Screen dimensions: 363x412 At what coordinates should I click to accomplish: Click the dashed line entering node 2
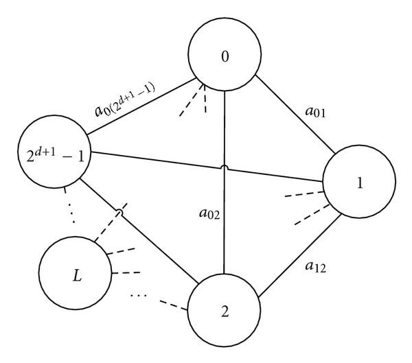tap(176, 305)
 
